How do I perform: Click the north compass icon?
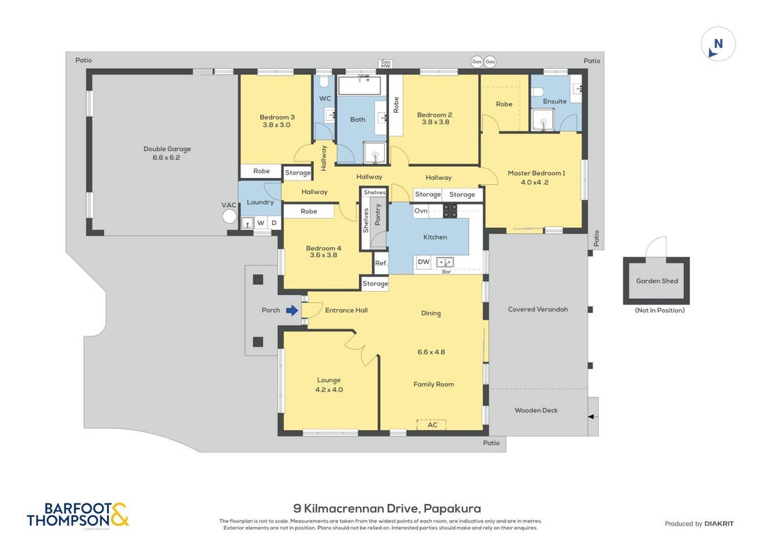tap(718, 44)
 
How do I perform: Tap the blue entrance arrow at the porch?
tap(292, 311)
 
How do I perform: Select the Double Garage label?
tap(167, 149)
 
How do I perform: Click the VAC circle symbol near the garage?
tap(229, 216)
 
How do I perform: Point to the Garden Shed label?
tap(656, 281)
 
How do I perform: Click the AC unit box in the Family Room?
tap(431, 425)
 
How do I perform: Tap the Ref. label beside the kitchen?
tap(381, 263)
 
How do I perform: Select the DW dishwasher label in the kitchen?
tap(424, 262)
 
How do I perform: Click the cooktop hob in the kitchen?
tap(449, 211)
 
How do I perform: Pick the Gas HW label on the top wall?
tap(386, 64)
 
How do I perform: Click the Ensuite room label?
tap(554, 101)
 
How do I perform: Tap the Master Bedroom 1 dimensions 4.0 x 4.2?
tap(534, 182)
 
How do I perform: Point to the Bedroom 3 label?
tap(277, 117)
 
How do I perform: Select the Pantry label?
tap(378, 215)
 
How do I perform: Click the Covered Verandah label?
tap(538, 309)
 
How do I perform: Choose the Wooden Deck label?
tap(536, 410)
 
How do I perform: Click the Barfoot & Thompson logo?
tap(78, 515)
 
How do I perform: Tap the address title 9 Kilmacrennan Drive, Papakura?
tap(387, 509)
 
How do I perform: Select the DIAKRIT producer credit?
tap(719, 524)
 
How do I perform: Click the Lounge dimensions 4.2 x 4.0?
tap(329, 390)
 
